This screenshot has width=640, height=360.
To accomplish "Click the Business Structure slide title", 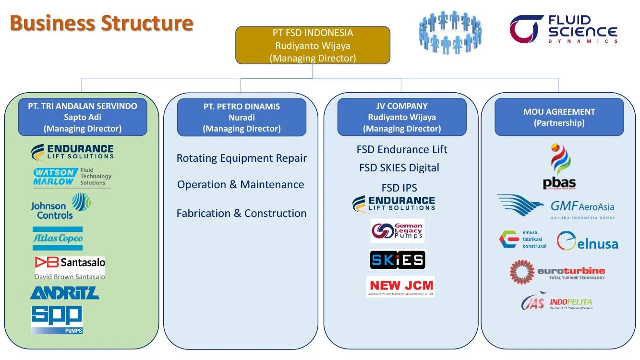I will point(102,23).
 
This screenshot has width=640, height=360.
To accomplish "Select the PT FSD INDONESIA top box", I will point(313,46).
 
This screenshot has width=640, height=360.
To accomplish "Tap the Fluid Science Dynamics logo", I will point(564,29).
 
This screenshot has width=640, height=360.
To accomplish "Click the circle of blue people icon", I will point(450,32).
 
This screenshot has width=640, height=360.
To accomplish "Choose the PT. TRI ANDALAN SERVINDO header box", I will point(83,117).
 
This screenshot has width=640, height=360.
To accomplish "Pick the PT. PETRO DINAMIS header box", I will point(242,118).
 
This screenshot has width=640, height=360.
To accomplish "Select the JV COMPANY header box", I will point(402,117).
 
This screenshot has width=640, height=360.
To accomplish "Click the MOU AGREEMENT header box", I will point(559,117).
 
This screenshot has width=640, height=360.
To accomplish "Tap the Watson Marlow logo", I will point(72,177).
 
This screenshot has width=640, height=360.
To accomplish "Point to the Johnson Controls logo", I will point(61,207).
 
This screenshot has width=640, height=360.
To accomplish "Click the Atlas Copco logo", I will point(58,238).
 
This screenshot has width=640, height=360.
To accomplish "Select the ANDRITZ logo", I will point(65,293).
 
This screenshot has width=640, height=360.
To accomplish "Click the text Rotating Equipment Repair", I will point(242,158).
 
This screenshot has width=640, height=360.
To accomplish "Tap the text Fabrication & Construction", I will point(242,214).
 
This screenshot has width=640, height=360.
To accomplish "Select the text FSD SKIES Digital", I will point(399,168).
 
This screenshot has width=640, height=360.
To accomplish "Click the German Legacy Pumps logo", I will point(397,231).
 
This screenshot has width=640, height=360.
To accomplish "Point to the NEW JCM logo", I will point(400,287).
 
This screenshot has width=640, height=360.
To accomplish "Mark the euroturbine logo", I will point(557,272).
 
